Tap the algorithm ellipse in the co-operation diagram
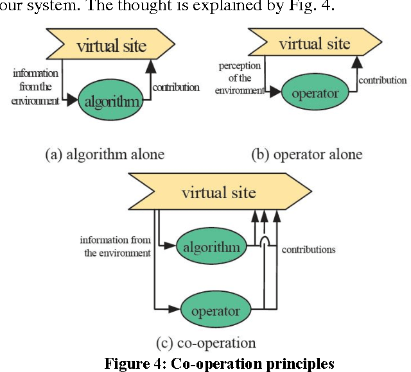click(x=211, y=248)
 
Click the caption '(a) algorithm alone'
click(x=104, y=154)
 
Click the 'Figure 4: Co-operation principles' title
click(x=220, y=363)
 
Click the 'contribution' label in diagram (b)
click(x=382, y=80)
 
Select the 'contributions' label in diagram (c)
click(x=308, y=248)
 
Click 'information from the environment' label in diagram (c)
click(x=116, y=246)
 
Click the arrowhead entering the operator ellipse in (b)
click(x=274, y=92)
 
